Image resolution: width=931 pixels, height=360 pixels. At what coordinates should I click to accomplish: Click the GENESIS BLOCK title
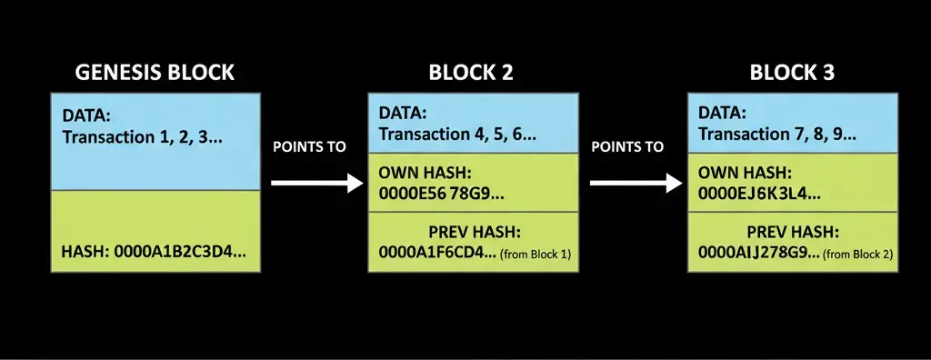point(155,73)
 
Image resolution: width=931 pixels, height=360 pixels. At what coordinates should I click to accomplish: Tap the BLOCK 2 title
point(470,73)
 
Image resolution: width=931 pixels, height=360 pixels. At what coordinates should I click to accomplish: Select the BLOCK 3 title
point(791,73)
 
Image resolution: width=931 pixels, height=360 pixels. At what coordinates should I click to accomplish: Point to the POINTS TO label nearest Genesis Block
point(310,146)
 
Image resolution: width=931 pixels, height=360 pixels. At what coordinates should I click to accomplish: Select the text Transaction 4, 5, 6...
point(457,135)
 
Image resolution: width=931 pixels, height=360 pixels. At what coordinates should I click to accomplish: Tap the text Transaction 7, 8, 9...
point(777,135)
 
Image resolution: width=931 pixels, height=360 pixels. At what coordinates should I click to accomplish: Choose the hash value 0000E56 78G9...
point(441,193)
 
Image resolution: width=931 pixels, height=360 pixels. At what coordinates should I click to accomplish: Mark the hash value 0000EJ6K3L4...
point(760,193)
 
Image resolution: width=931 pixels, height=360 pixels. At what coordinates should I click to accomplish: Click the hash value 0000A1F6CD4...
point(437,254)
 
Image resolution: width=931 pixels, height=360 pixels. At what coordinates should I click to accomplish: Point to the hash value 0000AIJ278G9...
point(759,254)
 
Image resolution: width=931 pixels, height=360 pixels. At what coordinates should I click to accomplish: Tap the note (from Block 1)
point(536,255)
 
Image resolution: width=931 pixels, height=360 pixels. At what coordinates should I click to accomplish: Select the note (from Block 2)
point(857,255)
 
